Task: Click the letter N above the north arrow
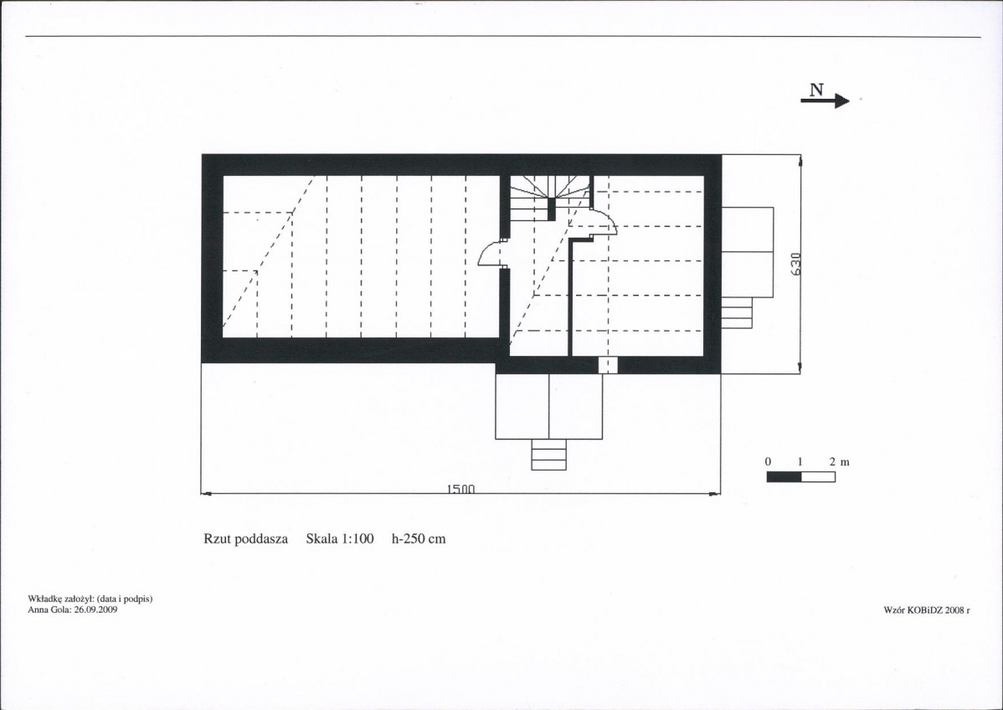pyautogui.click(x=816, y=90)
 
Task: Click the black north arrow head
pyautogui.click(x=842, y=101)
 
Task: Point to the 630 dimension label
pyautogui.click(x=795, y=265)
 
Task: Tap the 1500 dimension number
pyautogui.click(x=460, y=490)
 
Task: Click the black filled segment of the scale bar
pyautogui.click(x=784, y=476)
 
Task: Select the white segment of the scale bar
pyautogui.click(x=818, y=476)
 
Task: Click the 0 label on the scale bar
pyautogui.click(x=768, y=462)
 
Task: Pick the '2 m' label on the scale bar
pyautogui.click(x=839, y=462)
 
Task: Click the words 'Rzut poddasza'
pyautogui.click(x=245, y=538)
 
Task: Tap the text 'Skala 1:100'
pyautogui.click(x=340, y=538)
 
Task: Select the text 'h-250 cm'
pyautogui.click(x=419, y=538)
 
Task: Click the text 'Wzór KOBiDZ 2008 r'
pyautogui.click(x=927, y=610)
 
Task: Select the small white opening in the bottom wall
pyautogui.click(x=608, y=365)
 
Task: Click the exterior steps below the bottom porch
pyautogui.click(x=549, y=455)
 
